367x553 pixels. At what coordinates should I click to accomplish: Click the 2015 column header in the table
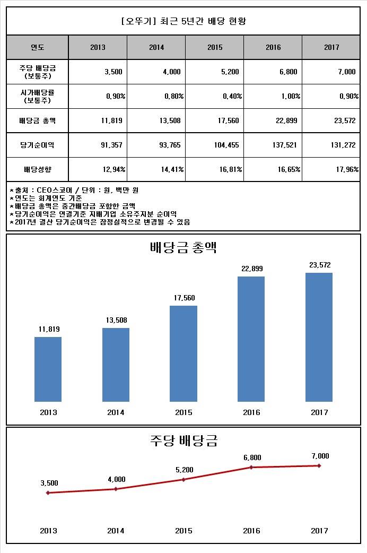[x=215, y=47]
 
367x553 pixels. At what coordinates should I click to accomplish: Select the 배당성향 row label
[x=38, y=169]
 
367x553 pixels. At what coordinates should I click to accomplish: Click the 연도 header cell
[x=38, y=47]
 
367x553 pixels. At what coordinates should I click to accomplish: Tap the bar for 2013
[x=48, y=369]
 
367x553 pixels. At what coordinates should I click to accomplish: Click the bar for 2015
[x=183, y=353]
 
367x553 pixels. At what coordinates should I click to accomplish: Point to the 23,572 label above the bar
[x=319, y=265]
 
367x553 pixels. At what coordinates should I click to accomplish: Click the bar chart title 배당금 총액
[x=183, y=247]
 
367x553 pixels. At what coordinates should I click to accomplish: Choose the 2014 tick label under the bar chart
[x=116, y=412]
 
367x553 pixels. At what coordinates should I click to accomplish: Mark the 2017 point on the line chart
[x=319, y=466]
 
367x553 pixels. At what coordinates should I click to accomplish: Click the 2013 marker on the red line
[x=48, y=492]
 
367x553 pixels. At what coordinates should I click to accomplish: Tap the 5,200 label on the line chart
[x=183, y=470]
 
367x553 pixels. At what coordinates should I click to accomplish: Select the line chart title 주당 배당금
[x=183, y=440]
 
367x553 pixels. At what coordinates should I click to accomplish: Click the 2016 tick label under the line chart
[x=251, y=531]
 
